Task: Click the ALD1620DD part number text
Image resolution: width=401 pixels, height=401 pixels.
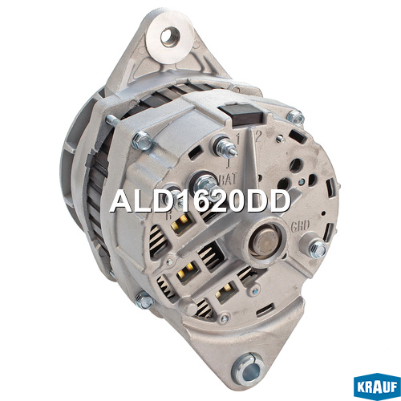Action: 200,201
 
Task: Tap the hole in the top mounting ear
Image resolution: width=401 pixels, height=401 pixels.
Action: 169,37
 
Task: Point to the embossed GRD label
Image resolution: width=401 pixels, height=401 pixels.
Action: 300,225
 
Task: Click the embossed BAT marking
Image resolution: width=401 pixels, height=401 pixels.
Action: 228,179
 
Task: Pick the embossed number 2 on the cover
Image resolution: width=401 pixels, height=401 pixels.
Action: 257,136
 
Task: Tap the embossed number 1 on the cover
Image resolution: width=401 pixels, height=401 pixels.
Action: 237,139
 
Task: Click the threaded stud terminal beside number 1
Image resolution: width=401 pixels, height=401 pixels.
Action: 225,147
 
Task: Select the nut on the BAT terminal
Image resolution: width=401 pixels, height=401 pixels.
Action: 206,185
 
